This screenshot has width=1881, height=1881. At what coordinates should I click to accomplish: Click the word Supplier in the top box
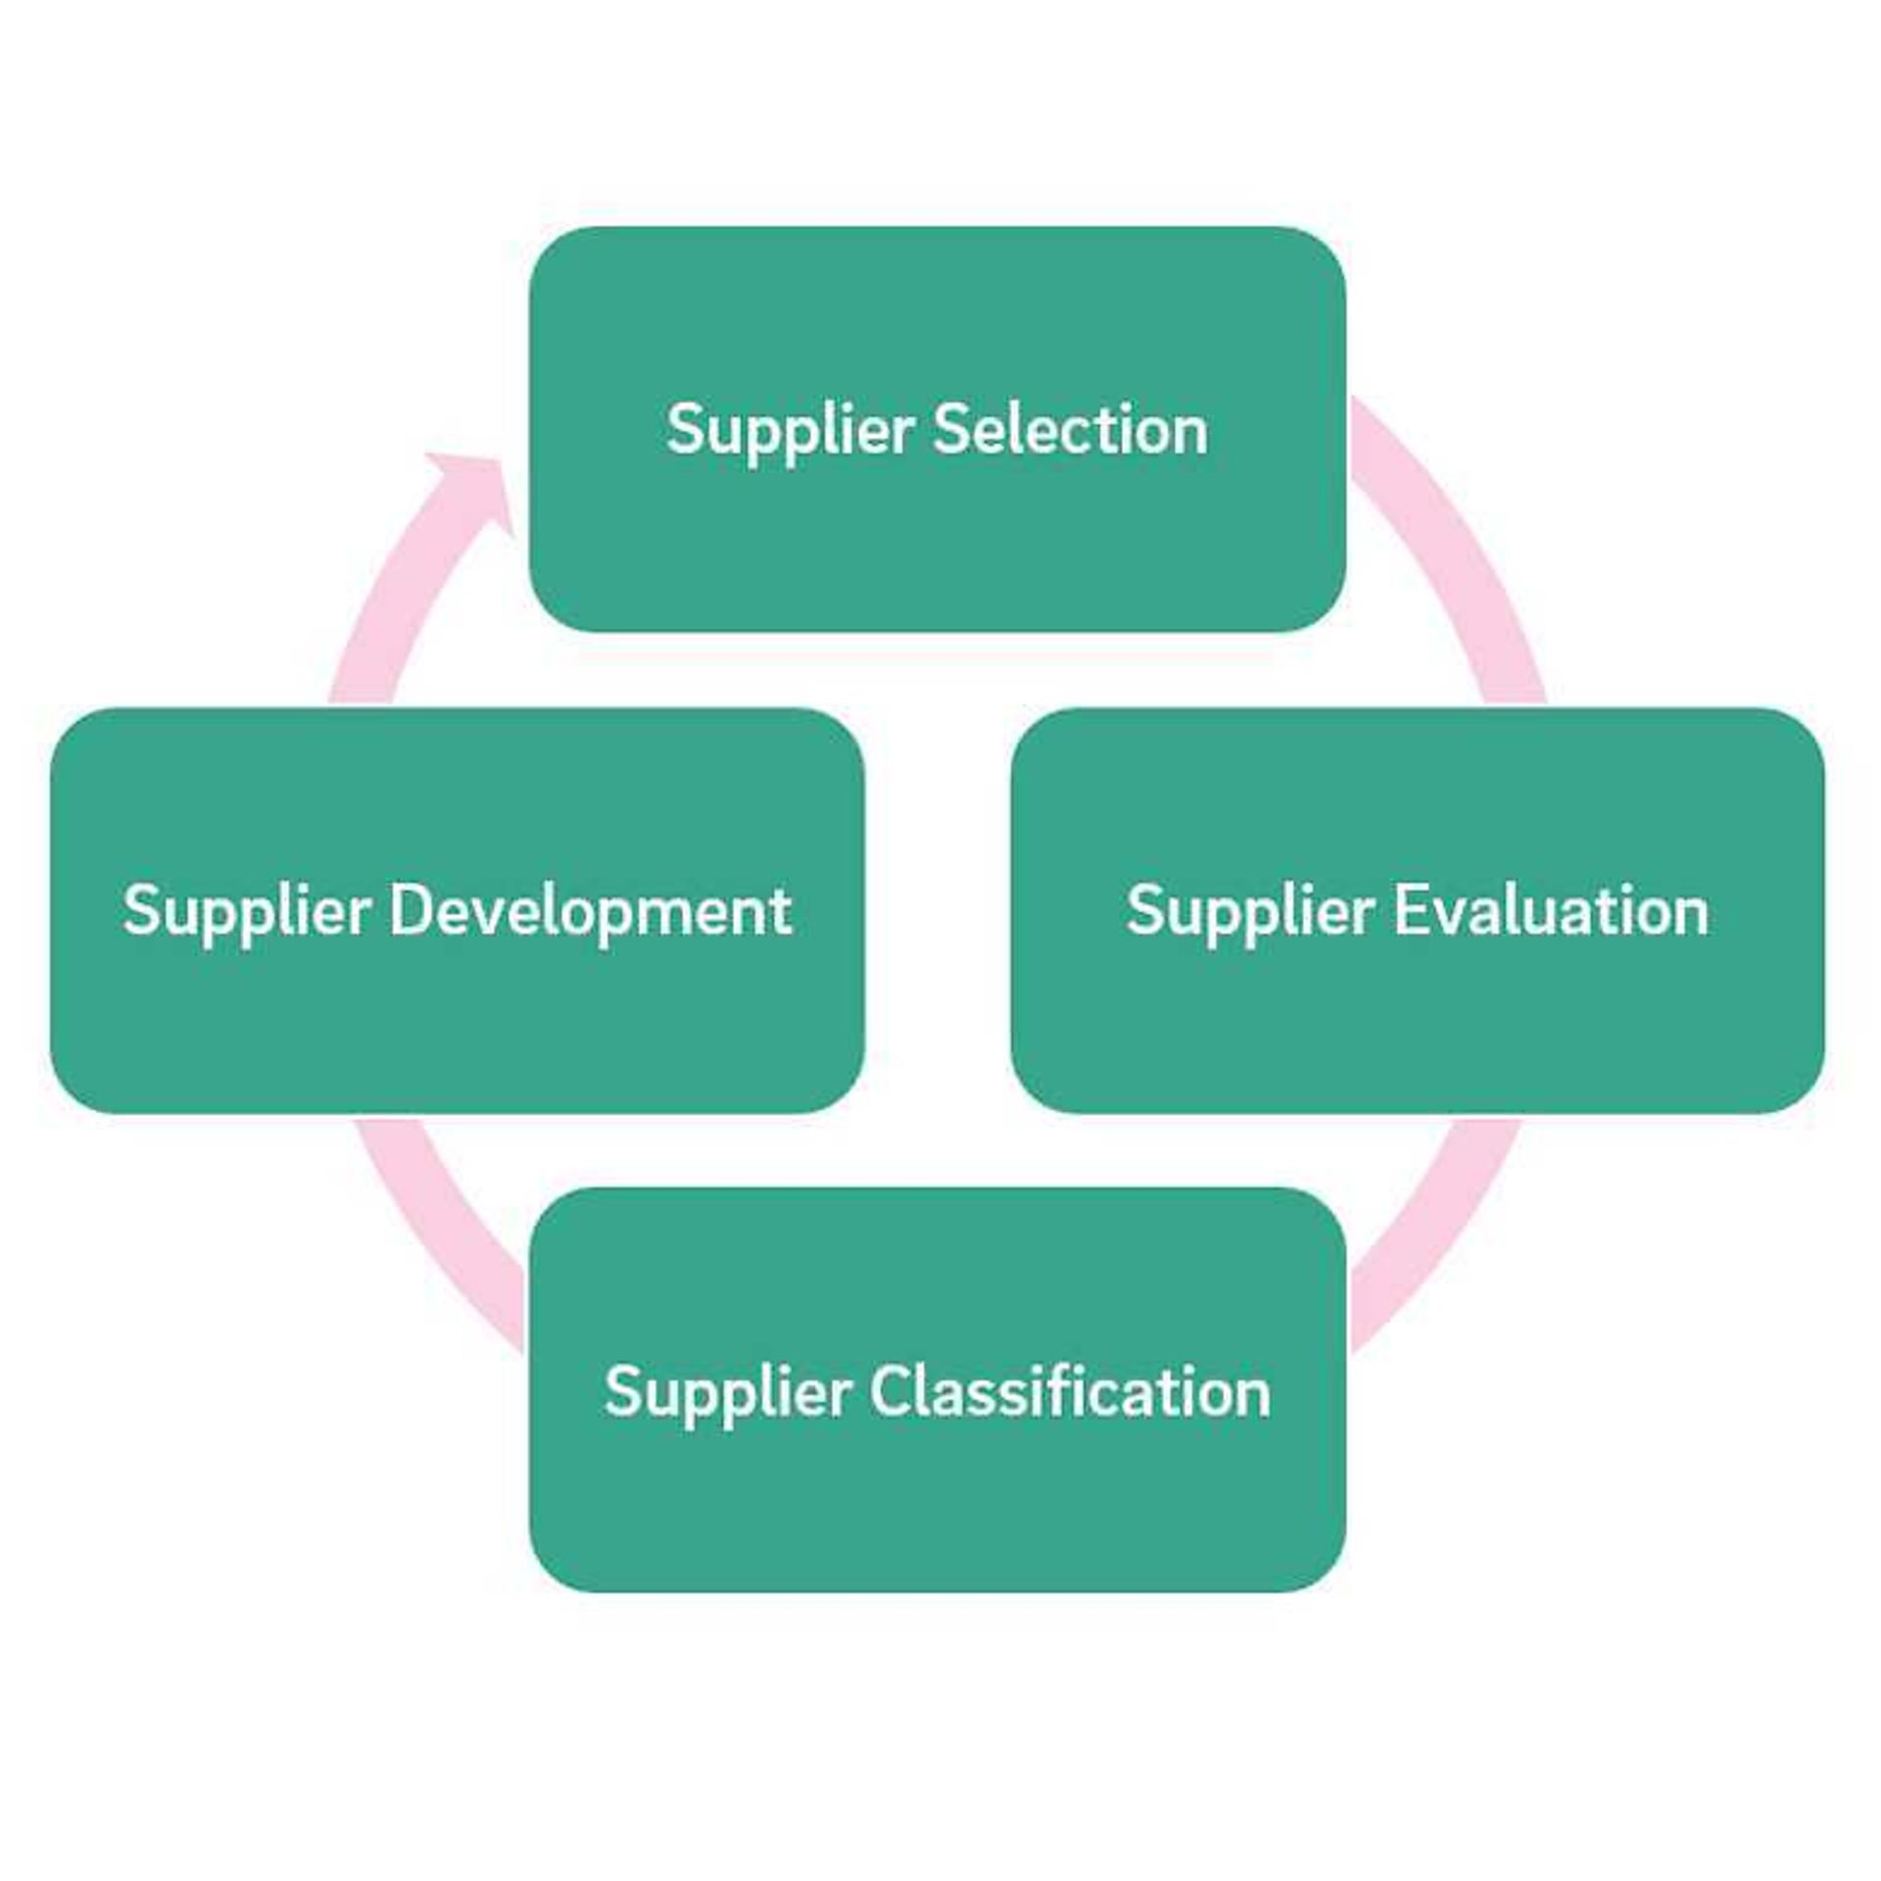pyautogui.click(x=790, y=431)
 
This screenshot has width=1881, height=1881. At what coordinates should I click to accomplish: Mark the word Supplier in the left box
pyautogui.click(x=246, y=912)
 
